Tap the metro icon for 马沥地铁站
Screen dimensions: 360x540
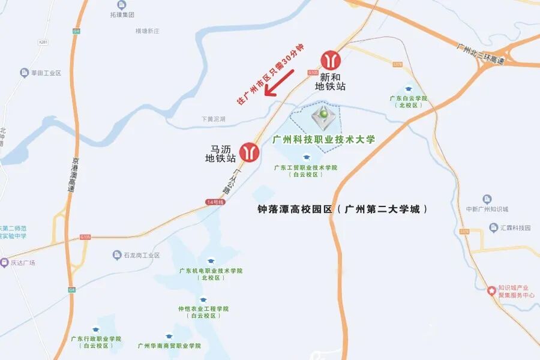tap(249, 152)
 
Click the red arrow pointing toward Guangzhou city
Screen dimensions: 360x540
tap(279, 83)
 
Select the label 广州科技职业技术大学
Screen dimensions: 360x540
tap(324, 140)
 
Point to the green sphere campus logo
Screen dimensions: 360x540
tap(324, 113)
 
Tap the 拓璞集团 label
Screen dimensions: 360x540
tap(122, 14)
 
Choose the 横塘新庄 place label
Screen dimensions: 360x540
tap(148, 31)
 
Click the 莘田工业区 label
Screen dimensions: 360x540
tap(47, 73)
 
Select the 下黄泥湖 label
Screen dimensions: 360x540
tap(214, 119)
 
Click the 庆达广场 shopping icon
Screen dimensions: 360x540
tap(4, 262)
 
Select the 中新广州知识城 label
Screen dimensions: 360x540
tap(487, 209)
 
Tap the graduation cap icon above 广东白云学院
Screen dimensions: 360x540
tap(409, 89)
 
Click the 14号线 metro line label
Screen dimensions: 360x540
tap(214, 202)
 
